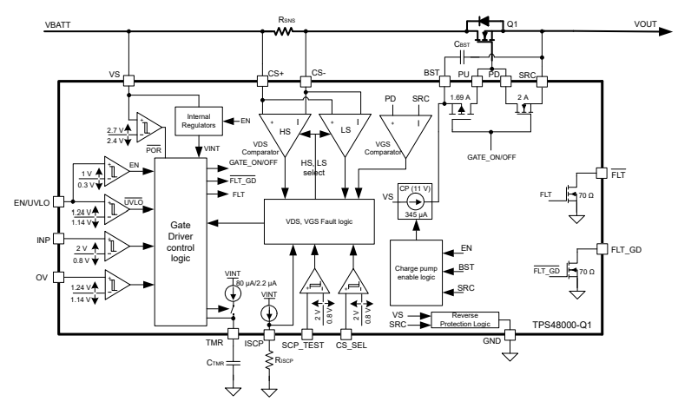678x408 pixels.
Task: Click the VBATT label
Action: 60,26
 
